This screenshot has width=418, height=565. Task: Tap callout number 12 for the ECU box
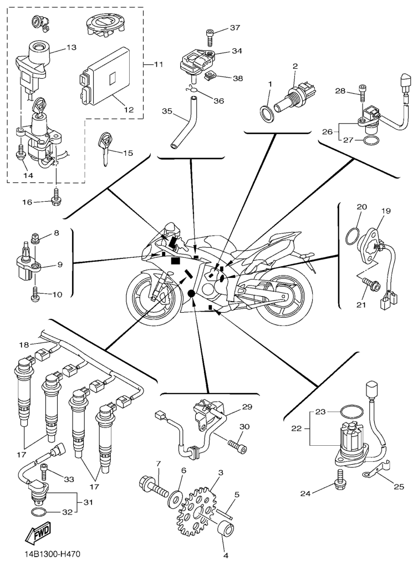[x=129, y=110]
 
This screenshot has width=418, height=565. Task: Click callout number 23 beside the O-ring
[x=322, y=412]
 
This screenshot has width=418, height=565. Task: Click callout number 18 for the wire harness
[x=24, y=345]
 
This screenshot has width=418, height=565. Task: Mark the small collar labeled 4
[x=227, y=531]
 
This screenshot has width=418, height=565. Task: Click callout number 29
[x=247, y=406]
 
